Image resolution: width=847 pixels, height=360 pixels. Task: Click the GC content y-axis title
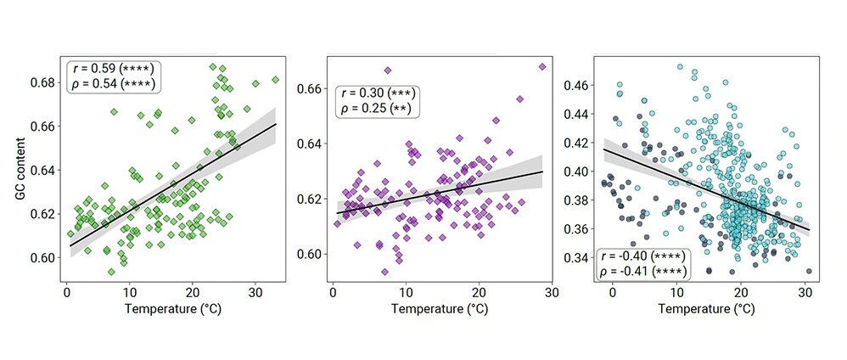[21, 168]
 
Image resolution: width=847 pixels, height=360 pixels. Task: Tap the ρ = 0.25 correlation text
[373, 109]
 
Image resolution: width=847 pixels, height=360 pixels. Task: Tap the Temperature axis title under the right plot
[706, 310]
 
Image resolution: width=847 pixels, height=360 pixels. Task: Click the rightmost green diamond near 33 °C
[276, 80]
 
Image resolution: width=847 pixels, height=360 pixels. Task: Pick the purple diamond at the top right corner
[542, 66]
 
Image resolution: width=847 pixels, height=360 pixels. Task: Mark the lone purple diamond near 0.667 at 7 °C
[387, 70]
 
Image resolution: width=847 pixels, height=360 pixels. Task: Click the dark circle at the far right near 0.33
[809, 272]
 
